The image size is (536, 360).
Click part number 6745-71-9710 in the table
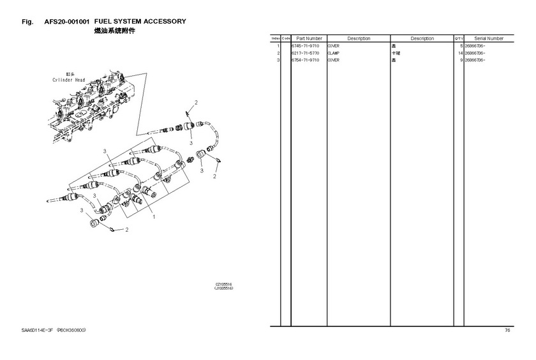coord(305,46)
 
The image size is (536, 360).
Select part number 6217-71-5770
coord(305,53)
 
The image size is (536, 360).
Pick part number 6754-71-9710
coord(305,60)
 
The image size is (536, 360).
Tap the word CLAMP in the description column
coord(334,53)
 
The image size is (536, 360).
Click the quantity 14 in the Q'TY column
coord(459,53)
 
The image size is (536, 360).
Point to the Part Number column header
coord(309,38)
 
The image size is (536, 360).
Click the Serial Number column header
coord(489,38)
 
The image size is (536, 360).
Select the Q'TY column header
coord(459,38)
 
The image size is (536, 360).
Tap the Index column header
coord(276,38)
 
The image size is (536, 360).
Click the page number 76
coord(507,330)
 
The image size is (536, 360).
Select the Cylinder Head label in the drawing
coord(69,80)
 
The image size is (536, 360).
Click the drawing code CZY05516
coord(224,285)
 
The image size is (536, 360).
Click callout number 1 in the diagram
coord(154,216)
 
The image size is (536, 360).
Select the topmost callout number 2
coord(196,103)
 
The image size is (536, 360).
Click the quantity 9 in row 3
coord(461,60)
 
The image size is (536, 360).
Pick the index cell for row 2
coord(278,53)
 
